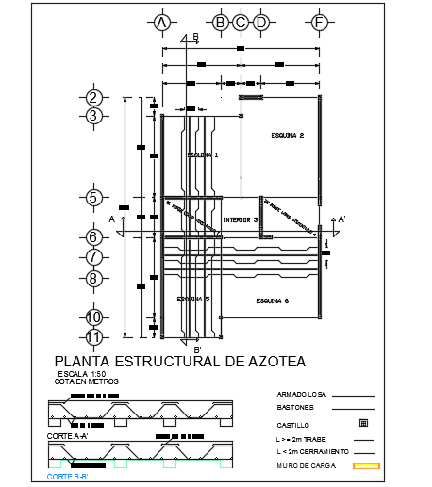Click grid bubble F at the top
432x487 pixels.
320,22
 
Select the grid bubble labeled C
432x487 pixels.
240,22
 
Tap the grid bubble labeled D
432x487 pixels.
260,22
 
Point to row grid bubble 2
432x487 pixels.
93,97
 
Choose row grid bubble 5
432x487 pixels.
93,198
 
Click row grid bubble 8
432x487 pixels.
93,278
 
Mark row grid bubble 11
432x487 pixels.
93,336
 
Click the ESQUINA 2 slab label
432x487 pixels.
287,134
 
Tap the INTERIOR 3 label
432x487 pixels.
241,220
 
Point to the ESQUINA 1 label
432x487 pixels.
202,154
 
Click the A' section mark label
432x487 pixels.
341,219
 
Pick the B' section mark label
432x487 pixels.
198,350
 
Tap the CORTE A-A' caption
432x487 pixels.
69,436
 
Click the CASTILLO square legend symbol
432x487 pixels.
363,424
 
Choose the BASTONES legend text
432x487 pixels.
296,409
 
